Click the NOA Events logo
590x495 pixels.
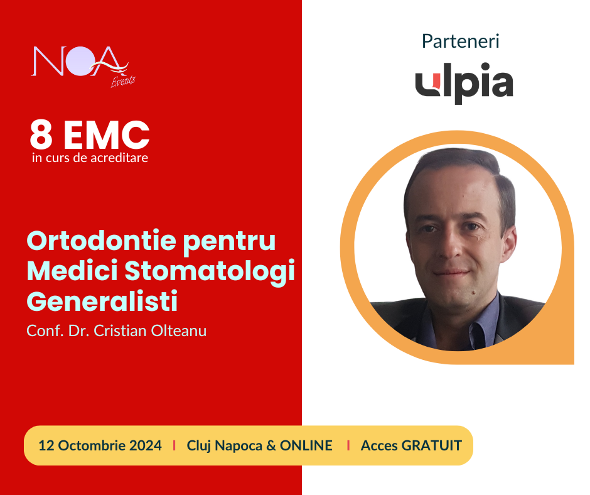(83, 67)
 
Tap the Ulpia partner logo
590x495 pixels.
(464, 84)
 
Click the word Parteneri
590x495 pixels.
(460, 41)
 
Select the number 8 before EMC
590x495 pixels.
(41, 134)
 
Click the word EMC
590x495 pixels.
(107, 134)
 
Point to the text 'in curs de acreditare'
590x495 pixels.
(90, 158)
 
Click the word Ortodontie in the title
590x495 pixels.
(102, 241)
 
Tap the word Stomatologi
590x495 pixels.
(210, 272)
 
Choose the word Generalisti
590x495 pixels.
(102, 301)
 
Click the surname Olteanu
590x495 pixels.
(179, 331)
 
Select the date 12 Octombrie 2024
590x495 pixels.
(100, 445)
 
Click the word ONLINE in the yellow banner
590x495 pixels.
(306, 445)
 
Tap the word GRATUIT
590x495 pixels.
(432, 445)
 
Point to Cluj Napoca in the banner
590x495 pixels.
(225, 445)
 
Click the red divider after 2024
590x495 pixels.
(174, 445)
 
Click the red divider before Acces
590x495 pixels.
(348, 445)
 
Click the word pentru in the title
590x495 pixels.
(230, 241)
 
